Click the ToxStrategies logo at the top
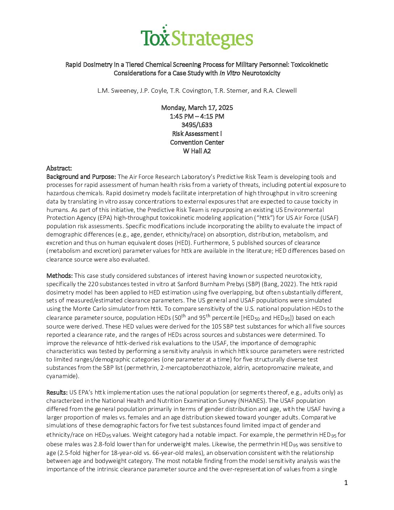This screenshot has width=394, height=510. (197, 37)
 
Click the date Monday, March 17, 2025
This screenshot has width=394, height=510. (197, 108)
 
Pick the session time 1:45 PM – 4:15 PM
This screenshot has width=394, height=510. (197, 116)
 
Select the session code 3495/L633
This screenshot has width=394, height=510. (197, 125)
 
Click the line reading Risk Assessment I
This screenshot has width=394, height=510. (197, 134)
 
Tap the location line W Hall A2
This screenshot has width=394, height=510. (197, 151)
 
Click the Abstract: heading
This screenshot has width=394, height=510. (59, 168)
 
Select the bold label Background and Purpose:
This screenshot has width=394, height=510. (81, 177)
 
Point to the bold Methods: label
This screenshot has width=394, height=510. (60, 276)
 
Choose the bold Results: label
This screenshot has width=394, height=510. (57, 392)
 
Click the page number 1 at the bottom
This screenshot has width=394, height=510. (346, 482)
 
